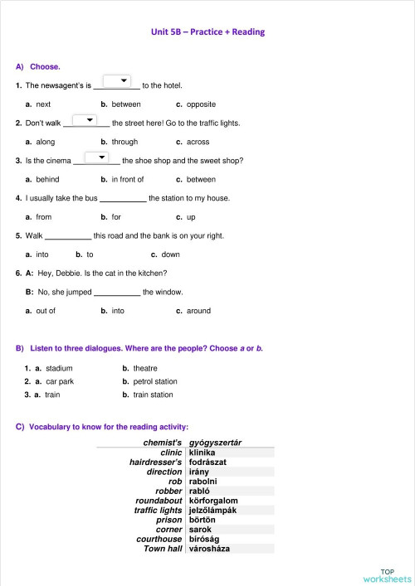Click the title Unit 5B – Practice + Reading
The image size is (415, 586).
tap(207, 32)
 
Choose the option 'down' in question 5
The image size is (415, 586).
tap(170, 254)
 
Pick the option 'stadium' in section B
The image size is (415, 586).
tap(59, 368)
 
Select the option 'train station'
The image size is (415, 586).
tap(153, 395)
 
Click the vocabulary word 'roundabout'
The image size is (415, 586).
tap(159, 501)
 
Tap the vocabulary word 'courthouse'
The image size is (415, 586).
tap(159, 539)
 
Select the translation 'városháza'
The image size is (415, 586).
tap(209, 549)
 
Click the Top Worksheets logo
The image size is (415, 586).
tap(387, 575)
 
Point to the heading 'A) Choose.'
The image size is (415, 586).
tap(38, 65)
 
